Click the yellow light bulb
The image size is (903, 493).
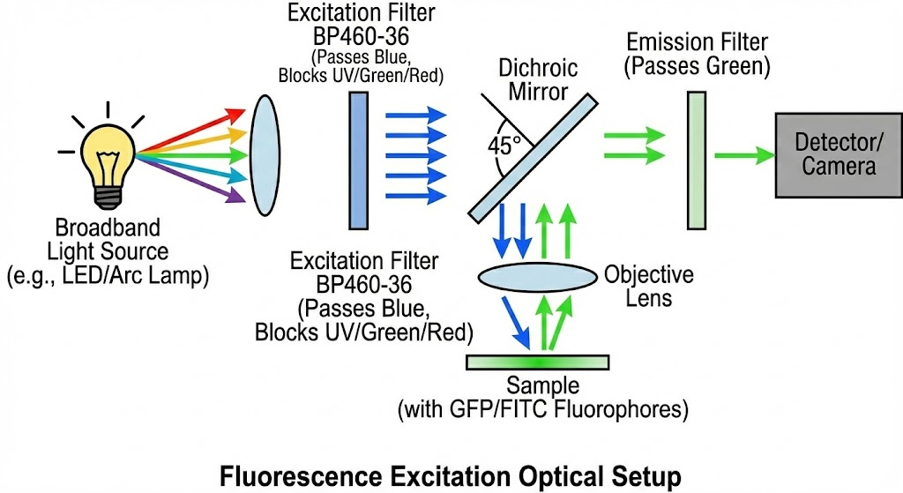[107, 153]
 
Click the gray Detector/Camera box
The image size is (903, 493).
[837, 155]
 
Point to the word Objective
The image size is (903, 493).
[648, 274]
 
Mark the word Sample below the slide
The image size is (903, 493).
[542, 387]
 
